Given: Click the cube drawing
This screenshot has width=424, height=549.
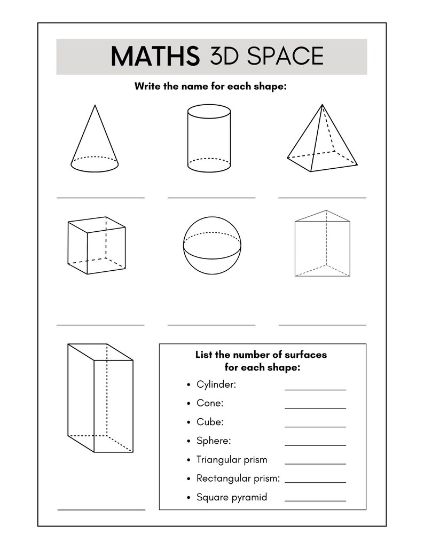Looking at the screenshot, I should point(97,245).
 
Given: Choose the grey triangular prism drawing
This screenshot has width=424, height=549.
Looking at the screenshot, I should point(323,244).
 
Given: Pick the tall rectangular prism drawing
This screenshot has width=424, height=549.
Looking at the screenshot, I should point(100,397).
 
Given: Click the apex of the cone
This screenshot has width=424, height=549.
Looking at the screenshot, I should point(95,105).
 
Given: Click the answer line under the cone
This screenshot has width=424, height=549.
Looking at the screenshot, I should point(100,198).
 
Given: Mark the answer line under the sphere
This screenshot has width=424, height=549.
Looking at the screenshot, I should point(211,325).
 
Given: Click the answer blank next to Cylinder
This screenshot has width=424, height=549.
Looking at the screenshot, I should point(315,390).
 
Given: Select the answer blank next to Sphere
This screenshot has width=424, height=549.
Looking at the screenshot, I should point(315,445).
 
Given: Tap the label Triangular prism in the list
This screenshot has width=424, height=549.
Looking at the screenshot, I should point(232,460).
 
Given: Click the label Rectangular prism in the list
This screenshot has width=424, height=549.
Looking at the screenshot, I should point(238,479).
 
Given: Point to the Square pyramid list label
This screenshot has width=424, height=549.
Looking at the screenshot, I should point(232,497).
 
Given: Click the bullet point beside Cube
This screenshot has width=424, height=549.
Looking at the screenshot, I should point(189,422).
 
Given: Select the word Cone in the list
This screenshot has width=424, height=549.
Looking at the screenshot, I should point(209,403).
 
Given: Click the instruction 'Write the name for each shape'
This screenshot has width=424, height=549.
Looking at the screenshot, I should point(210,86).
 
